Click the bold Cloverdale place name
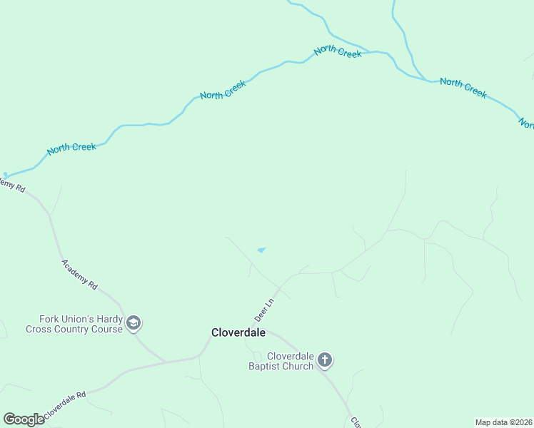pos(238,332)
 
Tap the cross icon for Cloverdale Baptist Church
pos(325,360)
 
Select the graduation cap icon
pos(133,324)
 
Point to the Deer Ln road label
pos(264,309)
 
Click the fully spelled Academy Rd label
pos(79,272)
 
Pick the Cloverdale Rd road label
pos(64,404)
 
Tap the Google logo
pos(24,419)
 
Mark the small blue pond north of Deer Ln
pos(261,250)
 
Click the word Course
pos(109,330)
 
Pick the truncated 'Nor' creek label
pos(526,124)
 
